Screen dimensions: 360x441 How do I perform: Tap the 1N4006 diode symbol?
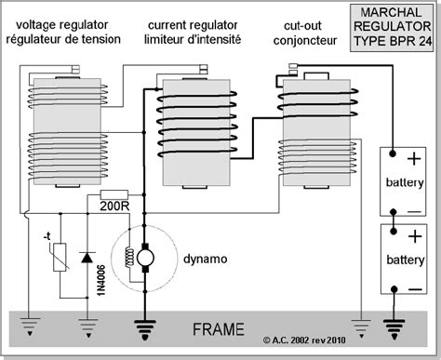pyautogui.click(x=87, y=257)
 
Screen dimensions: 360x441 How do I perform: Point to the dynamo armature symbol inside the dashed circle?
pyautogui.click(x=144, y=256)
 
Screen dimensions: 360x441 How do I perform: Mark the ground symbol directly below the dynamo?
pyautogui.click(x=144, y=327)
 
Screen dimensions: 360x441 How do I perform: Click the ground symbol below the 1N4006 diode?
pyautogui.click(x=87, y=327)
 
